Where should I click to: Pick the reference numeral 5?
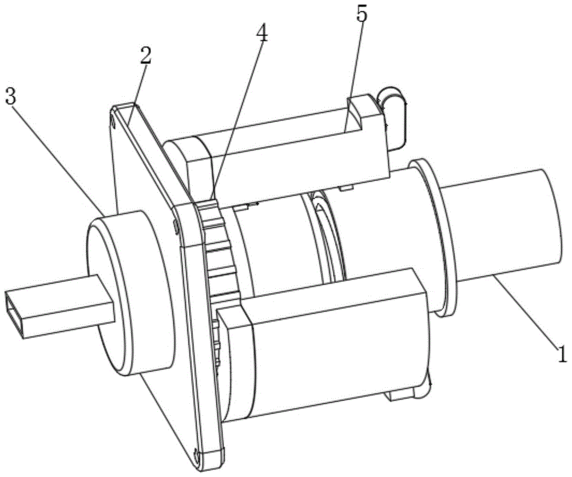pyautogui.click(x=361, y=14)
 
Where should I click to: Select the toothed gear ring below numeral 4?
pyautogui.click(x=220, y=252)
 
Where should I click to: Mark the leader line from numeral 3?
pyautogui.click(x=57, y=154)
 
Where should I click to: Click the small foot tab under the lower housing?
pyautogui.click(x=400, y=395)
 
